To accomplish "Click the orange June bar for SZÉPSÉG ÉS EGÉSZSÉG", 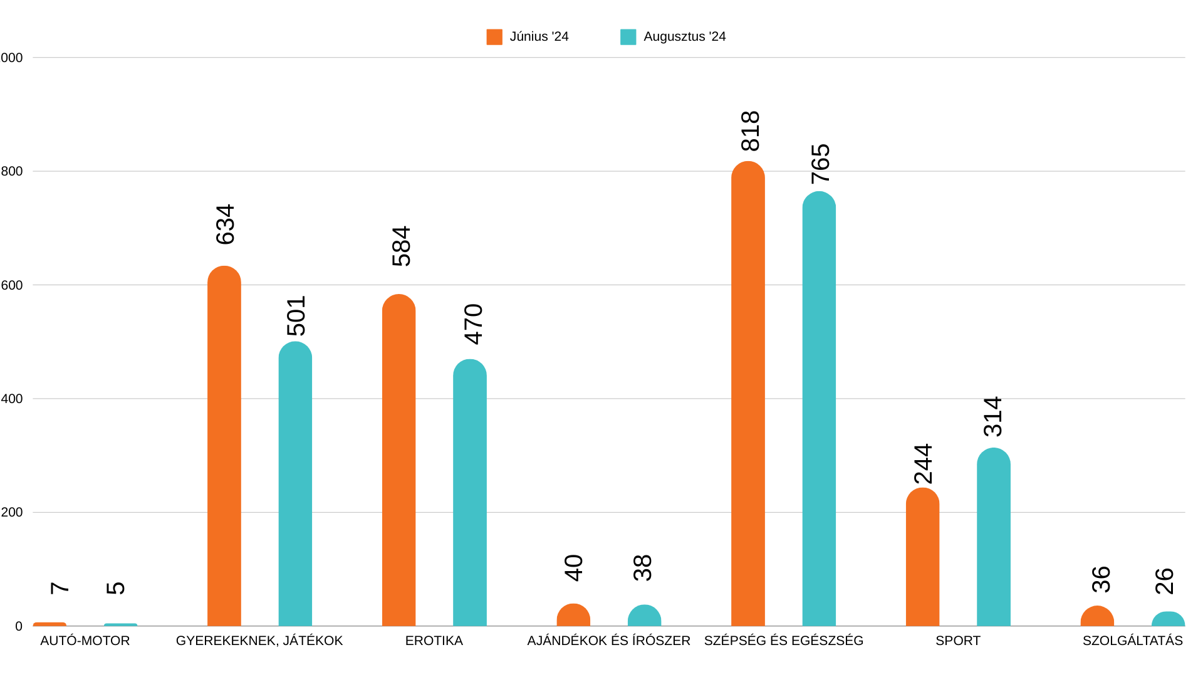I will coord(747,395).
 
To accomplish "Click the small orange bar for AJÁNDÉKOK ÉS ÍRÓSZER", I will coord(573,616).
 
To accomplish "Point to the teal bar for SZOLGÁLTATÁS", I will coord(1168,619).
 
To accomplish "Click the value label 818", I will coord(750,131).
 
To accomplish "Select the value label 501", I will coord(296,316).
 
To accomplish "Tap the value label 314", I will coord(993,417).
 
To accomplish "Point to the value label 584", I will coord(401,246).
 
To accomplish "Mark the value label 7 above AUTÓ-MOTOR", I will coord(60,587).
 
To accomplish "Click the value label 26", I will coord(1164,581).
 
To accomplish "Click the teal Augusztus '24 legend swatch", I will coord(628,37).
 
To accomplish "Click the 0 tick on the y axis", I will coord(19,626).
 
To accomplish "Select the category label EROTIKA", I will coord(434,641).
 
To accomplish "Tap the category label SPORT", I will coord(957,641).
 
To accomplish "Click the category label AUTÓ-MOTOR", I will coord(85,641).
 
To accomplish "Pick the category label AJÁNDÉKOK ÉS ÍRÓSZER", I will coord(608,641).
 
